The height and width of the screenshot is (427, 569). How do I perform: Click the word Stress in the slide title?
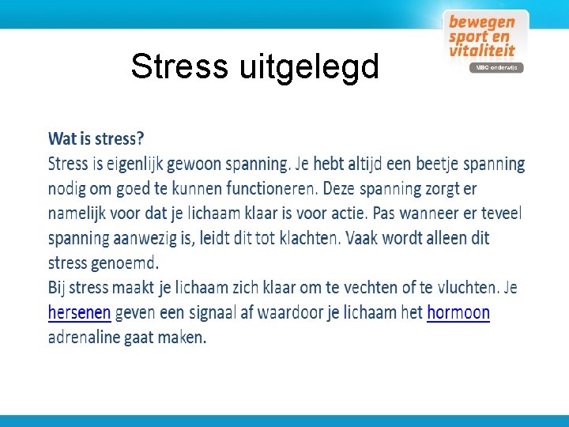pyautogui.click(x=179, y=67)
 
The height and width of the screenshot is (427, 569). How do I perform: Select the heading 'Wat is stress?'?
pyautogui.click(x=96, y=139)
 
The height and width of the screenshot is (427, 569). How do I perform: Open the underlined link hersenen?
pyautogui.click(x=79, y=313)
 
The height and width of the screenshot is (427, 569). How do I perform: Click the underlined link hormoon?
pyautogui.click(x=458, y=313)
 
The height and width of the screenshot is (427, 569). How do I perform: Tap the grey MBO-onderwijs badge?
pyautogui.click(x=496, y=68)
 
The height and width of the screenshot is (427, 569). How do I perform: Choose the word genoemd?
pyautogui.click(x=125, y=263)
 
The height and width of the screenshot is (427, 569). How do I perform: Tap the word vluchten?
pyautogui.click(x=467, y=288)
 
